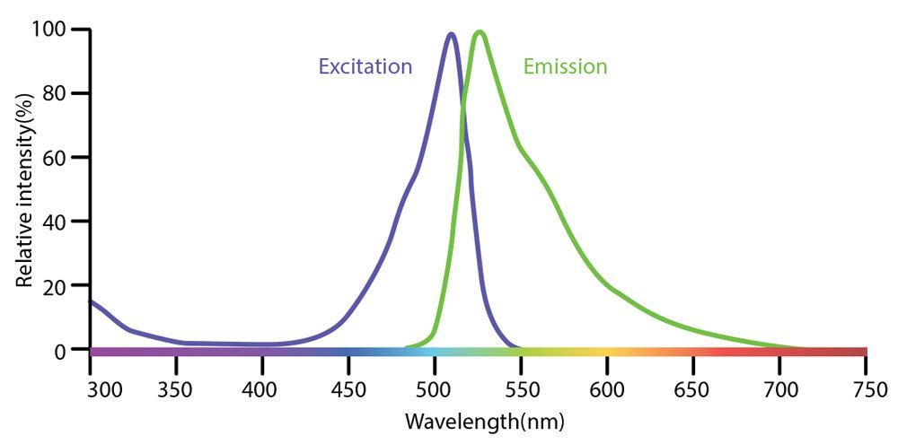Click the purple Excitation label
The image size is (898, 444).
pos(365,66)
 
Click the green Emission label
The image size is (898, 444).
pos(565,66)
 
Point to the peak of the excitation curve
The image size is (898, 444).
pos(451,35)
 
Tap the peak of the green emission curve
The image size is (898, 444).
pos(480,32)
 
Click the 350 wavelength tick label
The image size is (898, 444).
pos(176,390)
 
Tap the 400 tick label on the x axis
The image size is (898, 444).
pos(262,390)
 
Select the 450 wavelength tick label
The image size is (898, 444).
pos(348,390)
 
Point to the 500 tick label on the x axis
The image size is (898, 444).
pos(435,390)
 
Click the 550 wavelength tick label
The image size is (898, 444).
pos(521,390)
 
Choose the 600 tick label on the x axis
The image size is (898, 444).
pos(607,390)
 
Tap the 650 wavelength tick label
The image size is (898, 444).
pos(693,390)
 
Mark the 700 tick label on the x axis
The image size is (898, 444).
pos(779,390)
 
